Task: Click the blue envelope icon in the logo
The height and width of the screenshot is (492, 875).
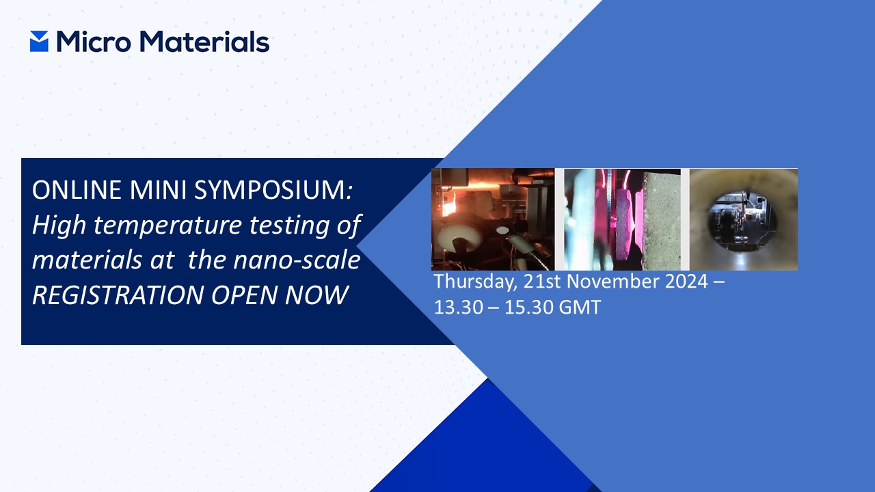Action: [39, 42]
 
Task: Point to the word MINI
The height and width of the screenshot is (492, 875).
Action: [158, 190]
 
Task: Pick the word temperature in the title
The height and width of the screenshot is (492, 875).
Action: [167, 226]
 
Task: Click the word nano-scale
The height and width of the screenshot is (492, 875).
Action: [297, 260]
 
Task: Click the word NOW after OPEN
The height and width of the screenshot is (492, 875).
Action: [317, 295]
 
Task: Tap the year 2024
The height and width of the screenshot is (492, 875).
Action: [687, 281]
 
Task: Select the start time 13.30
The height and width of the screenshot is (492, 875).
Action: [459, 307]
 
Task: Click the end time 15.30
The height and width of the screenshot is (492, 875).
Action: [529, 307]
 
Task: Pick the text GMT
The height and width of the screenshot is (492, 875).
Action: [580, 307]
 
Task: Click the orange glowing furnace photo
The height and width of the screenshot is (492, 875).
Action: [493, 219]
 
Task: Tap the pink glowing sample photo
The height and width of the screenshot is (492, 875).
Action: [622, 219]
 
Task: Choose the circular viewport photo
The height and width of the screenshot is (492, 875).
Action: [743, 219]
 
